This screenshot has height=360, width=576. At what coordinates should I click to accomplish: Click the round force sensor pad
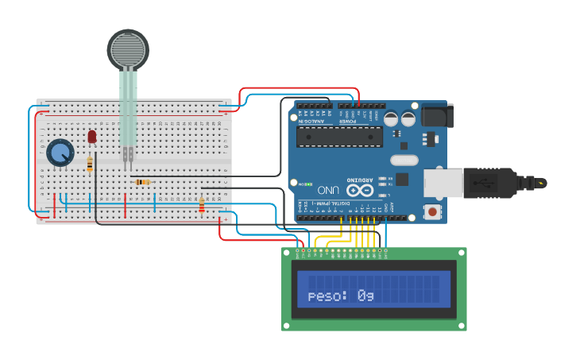click(x=128, y=49)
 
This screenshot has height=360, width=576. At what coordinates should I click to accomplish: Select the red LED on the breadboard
click(x=92, y=137)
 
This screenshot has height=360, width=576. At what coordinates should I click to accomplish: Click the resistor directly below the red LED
click(x=90, y=165)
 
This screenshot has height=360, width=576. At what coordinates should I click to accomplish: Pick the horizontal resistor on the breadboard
click(x=143, y=182)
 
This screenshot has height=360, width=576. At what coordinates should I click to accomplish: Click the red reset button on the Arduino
click(x=432, y=211)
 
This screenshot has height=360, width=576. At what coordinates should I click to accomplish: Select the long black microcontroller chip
click(x=339, y=137)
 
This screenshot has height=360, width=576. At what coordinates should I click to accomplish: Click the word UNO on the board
click(x=327, y=191)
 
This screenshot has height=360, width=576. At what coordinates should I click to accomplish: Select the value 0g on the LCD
click(x=365, y=296)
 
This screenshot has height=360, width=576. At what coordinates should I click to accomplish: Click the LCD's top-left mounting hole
click(x=286, y=253)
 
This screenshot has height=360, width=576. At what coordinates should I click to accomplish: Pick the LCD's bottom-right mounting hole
click(x=462, y=324)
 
